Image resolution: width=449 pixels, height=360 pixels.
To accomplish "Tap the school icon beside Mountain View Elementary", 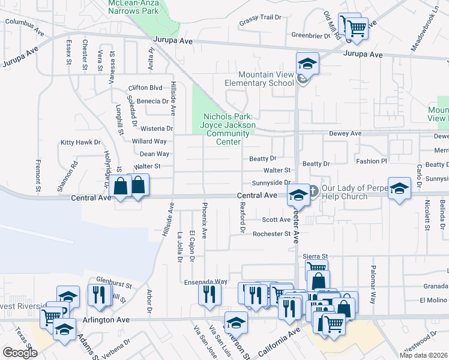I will tap(307, 64).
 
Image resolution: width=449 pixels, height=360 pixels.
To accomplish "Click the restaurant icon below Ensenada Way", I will tap(209, 294).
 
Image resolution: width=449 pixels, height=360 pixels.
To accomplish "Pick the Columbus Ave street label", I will tap(25, 26).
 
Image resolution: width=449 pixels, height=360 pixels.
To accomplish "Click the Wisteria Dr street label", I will tap(157, 128).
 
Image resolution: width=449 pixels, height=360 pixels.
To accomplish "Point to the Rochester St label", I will tap(271, 234).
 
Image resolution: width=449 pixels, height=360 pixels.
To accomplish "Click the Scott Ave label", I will tap(276, 220).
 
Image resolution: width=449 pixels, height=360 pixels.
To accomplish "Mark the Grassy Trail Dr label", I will tap(260, 17).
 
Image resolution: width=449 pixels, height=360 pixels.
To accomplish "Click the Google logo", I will tap(20, 353).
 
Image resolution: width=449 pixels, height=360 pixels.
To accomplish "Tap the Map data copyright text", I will tap(423, 355).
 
